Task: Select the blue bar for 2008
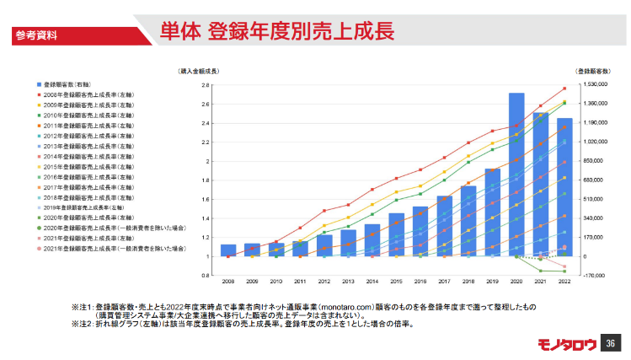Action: (x=228, y=250)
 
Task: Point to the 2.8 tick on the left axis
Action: (x=205, y=85)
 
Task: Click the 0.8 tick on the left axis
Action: (x=205, y=275)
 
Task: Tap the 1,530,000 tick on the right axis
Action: (x=593, y=85)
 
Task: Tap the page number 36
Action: (x=612, y=343)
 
